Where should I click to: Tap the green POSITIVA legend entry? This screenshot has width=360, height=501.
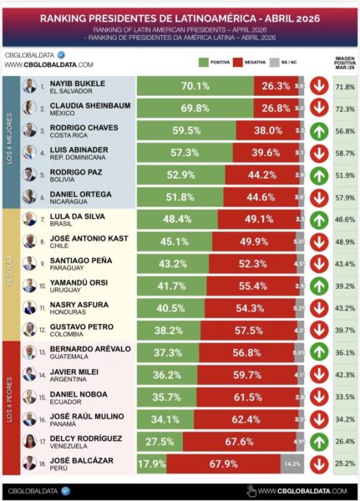pyautogui.click(x=215, y=62)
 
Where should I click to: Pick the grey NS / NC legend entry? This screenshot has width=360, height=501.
pyautogui.click(x=298, y=62)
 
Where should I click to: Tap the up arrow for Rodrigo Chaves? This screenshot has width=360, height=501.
pyautogui.click(x=319, y=130)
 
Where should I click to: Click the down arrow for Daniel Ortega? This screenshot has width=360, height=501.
pyautogui.click(x=319, y=198)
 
